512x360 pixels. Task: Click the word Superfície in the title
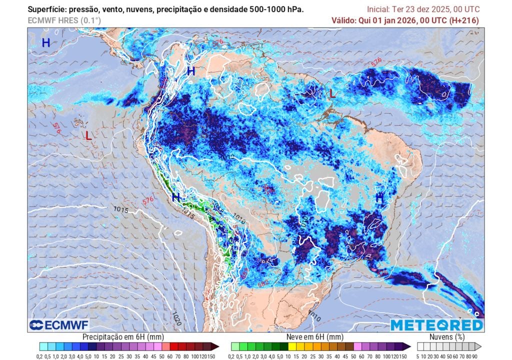pyautogui.click(x=47, y=9)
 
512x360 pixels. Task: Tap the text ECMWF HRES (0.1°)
pyautogui.click(x=64, y=20)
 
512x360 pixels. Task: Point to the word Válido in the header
pyautogui.click(x=344, y=20)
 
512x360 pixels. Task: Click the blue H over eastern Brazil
pyautogui.click(x=379, y=198)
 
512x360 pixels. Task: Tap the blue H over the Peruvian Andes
pyautogui.click(x=175, y=197)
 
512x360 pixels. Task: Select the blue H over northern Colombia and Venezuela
pyautogui.click(x=190, y=71)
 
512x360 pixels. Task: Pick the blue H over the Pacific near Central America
pyautogui.click(x=45, y=43)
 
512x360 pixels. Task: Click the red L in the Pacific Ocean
pyautogui.click(x=88, y=135)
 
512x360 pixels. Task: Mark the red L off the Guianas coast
pyautogui.click(x=332, y=93)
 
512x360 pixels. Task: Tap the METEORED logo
pyautogui.click(x=436, y=325)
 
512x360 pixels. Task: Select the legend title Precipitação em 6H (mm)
pyautogui.click(x=123, y=337)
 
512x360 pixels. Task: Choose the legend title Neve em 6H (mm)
pyautogui.click(x=315, y=337)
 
